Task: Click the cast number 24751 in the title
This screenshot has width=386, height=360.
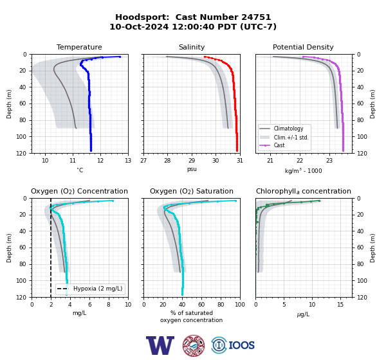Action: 256,17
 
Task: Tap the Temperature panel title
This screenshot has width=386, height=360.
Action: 79,47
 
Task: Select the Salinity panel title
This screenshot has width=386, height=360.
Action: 192,47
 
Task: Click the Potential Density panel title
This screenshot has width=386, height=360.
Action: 303,47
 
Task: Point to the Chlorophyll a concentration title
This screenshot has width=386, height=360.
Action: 303,191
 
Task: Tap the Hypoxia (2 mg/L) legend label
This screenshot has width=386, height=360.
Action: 98,289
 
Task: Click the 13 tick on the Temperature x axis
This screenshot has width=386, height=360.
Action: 128,161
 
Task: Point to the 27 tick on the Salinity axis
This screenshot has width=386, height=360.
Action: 143,161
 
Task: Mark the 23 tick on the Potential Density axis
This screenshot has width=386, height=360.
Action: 329,161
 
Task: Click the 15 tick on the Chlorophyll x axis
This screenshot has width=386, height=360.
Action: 340,305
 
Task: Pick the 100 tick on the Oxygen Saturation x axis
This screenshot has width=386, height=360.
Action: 240,305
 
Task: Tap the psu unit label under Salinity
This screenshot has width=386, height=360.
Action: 192,169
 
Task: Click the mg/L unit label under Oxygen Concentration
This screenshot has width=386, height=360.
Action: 79,313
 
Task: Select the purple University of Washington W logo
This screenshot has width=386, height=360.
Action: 160,345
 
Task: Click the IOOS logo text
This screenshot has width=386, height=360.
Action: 241,345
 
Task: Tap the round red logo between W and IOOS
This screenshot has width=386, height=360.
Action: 194,345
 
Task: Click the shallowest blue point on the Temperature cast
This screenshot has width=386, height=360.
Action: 120,57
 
